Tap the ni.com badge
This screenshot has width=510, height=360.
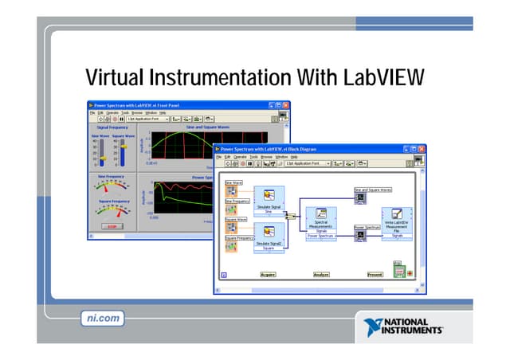[x=104, y=318]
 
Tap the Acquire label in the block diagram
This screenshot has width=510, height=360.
[x=268, y=274]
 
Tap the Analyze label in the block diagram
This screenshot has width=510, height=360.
[x=321, y=274]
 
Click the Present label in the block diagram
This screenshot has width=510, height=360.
[x=375, y=274]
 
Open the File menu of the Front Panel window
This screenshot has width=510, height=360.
[x=92, y=112]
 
